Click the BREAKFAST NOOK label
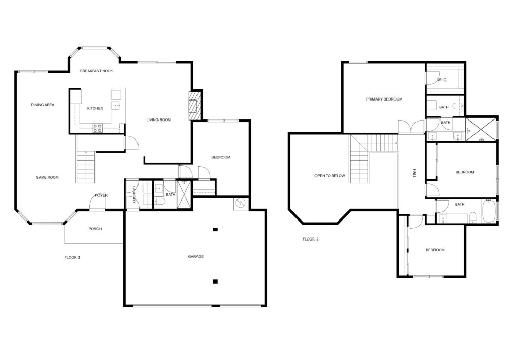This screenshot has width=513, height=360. (96, 71)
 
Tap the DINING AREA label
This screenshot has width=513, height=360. (43, 105)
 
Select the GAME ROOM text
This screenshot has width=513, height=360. (47, 178)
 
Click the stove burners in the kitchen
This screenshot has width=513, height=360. (97, 128)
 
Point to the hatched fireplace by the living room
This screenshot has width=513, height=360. (194, 106)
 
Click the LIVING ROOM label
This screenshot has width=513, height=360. (159, 120)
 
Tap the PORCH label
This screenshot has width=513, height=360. (95, 229)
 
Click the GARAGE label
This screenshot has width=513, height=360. (195, 257)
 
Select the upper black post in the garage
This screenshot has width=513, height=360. (215, 230)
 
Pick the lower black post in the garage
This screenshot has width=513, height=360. (215, 281)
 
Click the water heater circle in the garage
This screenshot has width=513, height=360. (241, 204)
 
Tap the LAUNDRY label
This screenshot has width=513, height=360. (134, 195)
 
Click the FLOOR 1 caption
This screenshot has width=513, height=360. (72, 257)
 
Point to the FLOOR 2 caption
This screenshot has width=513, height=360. (310, 239)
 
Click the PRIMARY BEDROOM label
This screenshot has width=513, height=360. (384, 99)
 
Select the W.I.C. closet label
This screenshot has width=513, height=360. (442, 80)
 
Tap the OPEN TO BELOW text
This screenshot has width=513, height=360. (330, 176)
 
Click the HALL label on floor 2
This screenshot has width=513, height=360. (414, 174)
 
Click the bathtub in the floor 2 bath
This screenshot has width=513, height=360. (489, 212)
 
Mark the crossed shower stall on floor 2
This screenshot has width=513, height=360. (481, 129)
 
